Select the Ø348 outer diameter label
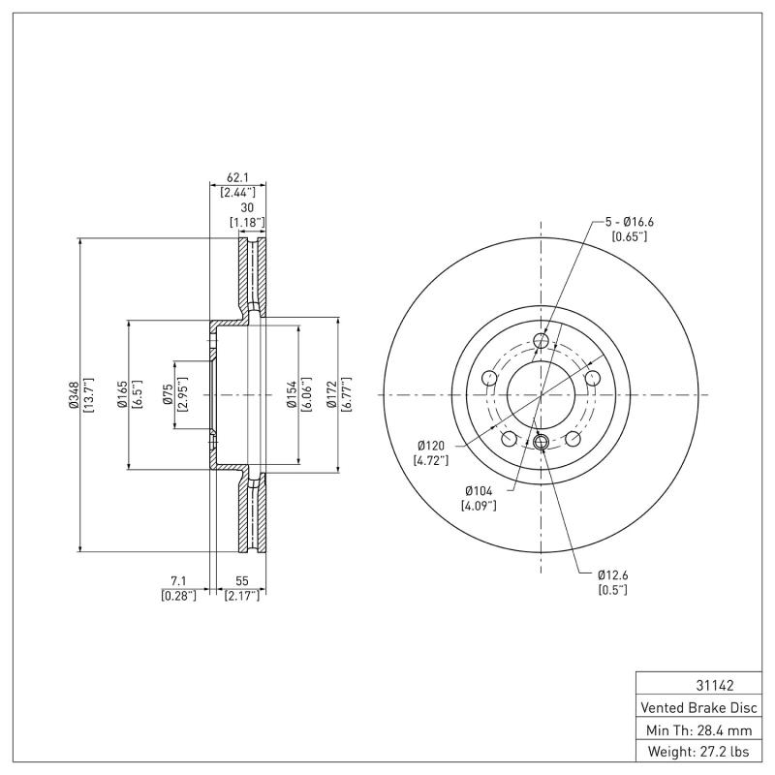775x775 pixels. click(74, 394)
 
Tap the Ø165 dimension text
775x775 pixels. click(123, 394)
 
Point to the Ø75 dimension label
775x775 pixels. click(168, 394)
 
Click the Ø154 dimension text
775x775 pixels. click(292, 394)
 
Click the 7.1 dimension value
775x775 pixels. click(178, 580)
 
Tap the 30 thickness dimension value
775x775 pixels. click(246, 208)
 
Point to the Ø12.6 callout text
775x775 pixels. click(612, 574)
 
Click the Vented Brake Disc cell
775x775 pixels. click(697, 707)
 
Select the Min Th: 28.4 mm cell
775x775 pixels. click(697, 728)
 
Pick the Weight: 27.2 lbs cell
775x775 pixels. click(697, 751)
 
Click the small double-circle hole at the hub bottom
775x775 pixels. click(542, 444)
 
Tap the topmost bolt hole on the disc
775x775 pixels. click(542, 340)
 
